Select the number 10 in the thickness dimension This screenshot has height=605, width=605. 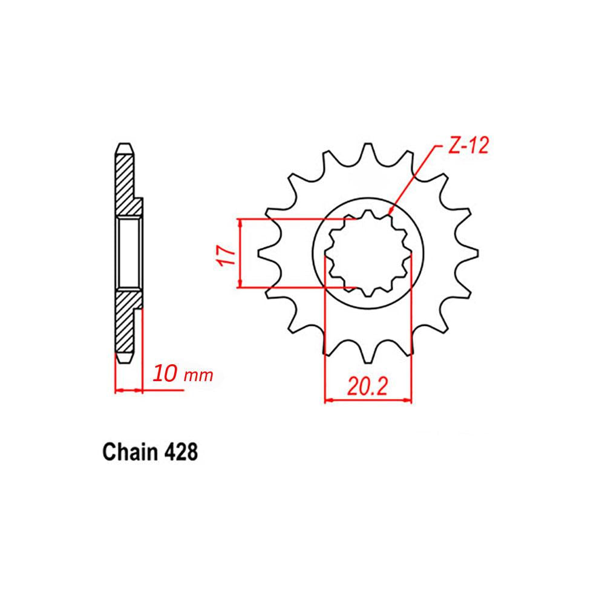165,374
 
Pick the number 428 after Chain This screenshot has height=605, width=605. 180,452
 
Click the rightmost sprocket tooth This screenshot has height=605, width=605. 471,254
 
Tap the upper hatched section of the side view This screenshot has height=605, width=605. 126,181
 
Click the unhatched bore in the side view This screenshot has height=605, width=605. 129,254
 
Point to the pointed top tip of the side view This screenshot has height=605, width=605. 123,145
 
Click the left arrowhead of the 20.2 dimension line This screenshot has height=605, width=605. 329,399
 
